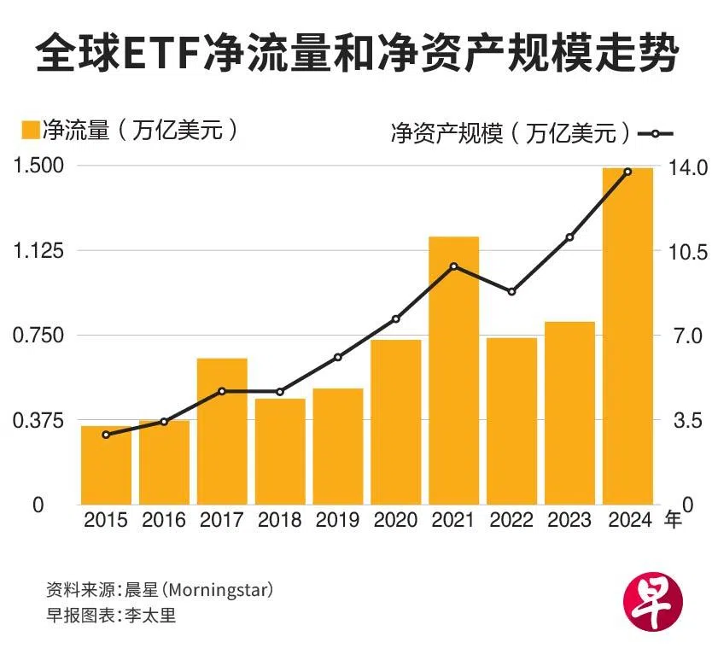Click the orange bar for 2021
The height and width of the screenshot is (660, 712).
453,370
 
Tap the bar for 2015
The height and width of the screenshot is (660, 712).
106,464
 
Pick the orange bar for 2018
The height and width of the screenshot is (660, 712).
280,451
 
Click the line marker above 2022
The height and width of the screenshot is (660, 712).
511,292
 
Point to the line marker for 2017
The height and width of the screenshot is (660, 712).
222,391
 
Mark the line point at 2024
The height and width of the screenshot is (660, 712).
627,172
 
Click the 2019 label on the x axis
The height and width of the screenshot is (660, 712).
338,520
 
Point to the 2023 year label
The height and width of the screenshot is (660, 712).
569,520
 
